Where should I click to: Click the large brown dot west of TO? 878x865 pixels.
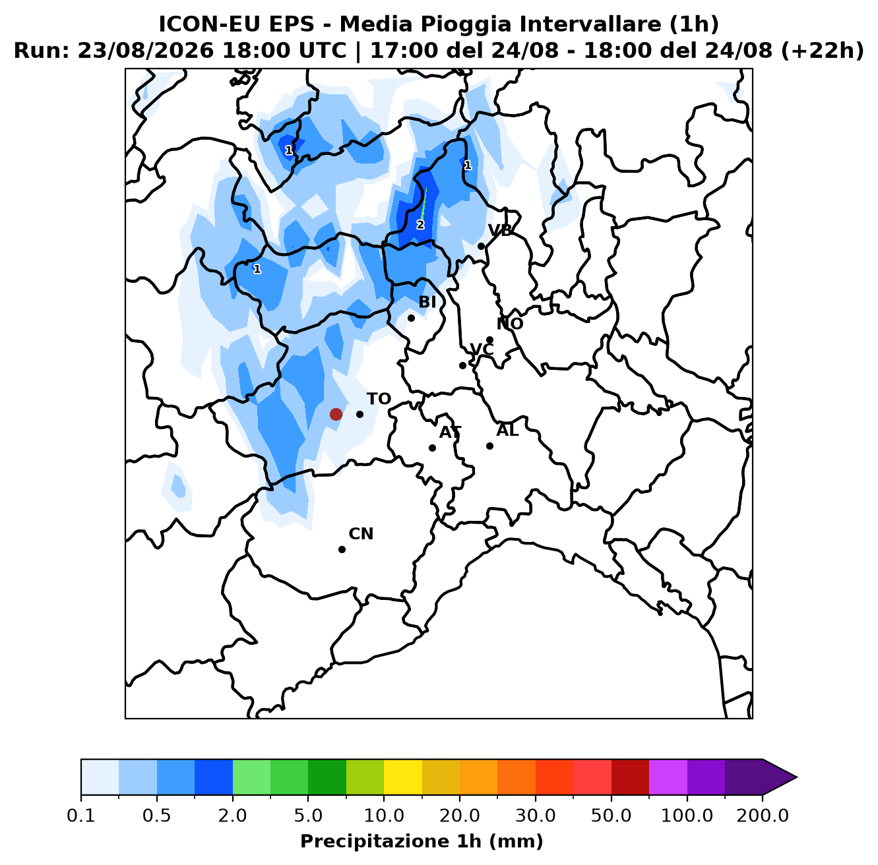point(336,414)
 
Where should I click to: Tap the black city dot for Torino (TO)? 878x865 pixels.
point(360,414)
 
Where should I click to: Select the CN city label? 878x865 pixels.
point(361,534)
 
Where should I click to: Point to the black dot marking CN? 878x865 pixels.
point(342,549)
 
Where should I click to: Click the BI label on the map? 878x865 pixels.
point(427,302)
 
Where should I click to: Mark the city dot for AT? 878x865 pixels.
point(432,448)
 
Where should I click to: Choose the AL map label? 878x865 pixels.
point(507,431)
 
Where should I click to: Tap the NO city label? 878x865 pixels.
point(510,324)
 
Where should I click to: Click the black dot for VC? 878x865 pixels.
point(462,365)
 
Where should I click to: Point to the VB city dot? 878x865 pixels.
point(481,247)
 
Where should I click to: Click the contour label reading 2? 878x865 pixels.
point(420,225)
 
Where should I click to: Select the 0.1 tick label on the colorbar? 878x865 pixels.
point(81,816)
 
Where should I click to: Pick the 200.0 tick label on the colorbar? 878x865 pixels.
point(763,816)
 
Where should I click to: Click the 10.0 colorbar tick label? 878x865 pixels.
point(384,816)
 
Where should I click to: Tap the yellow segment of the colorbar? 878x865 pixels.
point(403,777)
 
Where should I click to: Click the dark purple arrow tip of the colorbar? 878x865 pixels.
point(796,777)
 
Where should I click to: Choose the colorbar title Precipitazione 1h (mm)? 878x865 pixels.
point(422,841)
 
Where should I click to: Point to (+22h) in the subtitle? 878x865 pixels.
point(823,51)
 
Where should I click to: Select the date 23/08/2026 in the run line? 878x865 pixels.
point(145,51)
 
